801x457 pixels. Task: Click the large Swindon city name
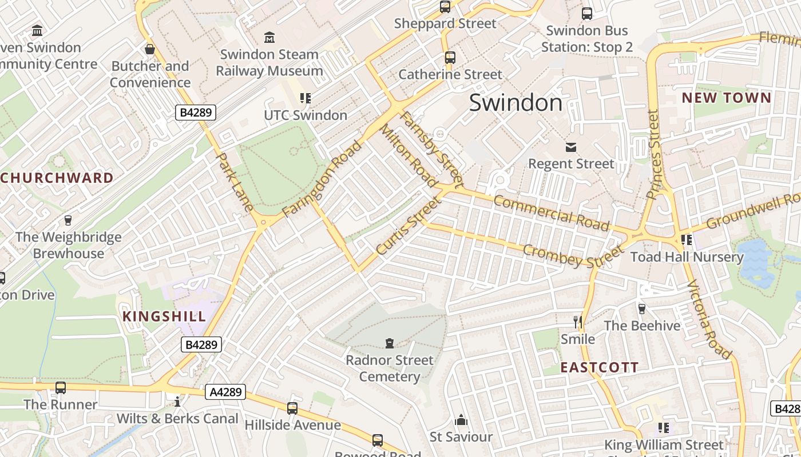(516, 103)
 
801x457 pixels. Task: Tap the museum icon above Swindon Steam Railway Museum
(269, 38)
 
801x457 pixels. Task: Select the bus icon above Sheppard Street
(445, 7)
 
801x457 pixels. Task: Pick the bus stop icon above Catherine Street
(450, 58)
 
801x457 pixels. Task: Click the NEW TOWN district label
(727, 98)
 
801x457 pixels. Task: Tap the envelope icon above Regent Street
(570, 147)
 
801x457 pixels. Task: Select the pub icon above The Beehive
(641, 308)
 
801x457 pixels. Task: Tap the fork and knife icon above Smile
(578, 322)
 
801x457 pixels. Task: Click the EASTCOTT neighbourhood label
(599, 367)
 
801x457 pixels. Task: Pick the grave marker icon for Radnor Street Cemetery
(390, 343)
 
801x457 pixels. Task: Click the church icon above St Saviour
(461, 421)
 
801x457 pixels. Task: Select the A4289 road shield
(225, 392)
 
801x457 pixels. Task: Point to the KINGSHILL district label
(164, 316)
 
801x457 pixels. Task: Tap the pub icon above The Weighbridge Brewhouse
(68, 221)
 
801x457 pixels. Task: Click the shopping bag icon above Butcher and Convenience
(150, 50)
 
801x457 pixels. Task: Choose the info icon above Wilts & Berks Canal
(177, 402)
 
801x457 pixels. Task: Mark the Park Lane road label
(235, 182)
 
